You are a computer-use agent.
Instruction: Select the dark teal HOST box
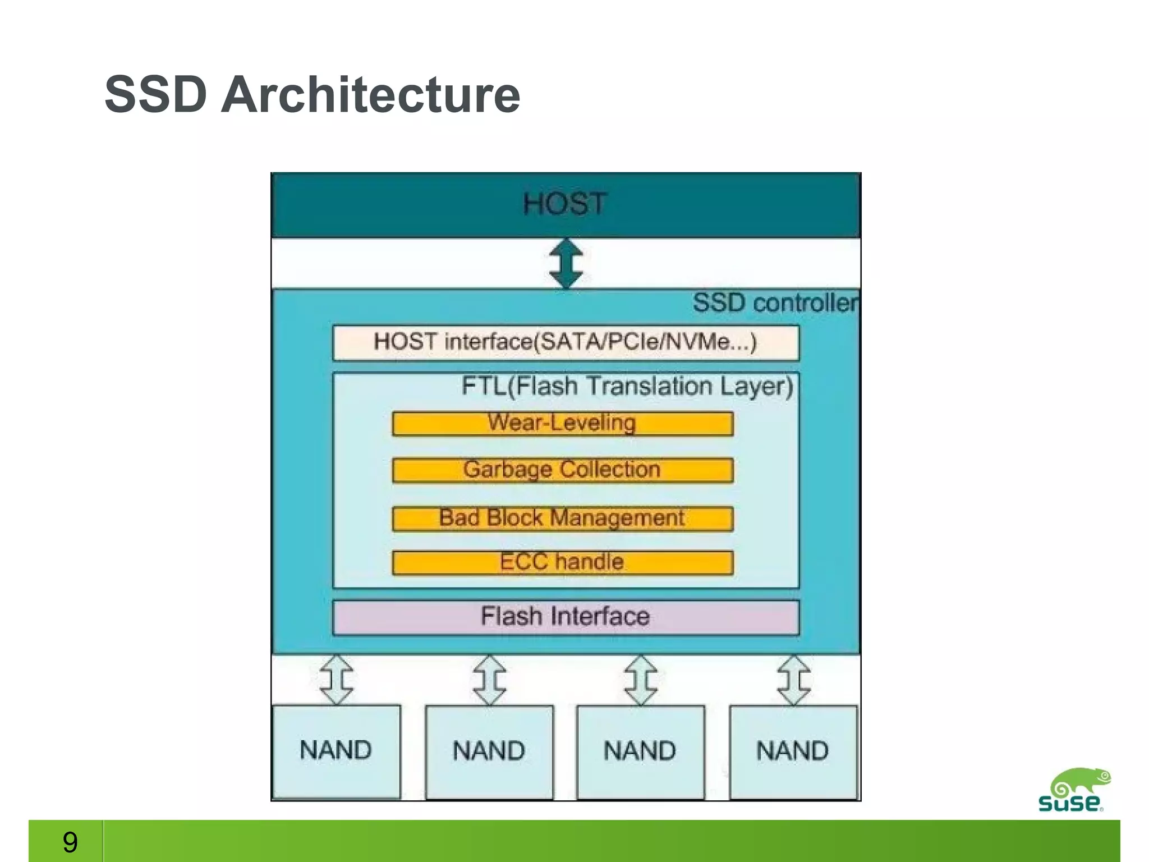(x=566, y=205)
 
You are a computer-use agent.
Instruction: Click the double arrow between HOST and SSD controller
(x=566, y=263)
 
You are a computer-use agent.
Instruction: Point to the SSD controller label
(x=775, y=303)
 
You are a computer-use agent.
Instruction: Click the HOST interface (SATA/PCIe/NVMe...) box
(x=566, y=342)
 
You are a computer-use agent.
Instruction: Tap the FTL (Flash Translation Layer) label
(x=627, y=387)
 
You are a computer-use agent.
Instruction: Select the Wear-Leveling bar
(x=562, y=424)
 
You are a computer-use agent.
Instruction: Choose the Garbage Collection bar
(x=562, y=470)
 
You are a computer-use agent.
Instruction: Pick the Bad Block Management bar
(x=562, y=519)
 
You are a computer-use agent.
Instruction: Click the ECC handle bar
(x=562, y=562)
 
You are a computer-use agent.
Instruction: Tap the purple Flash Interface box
(x=566, y=617)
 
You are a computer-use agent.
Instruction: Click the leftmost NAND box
(x=336, y=751)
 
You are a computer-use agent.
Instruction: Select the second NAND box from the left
(x=489, y=751)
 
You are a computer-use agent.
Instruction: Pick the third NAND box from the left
(x=640, y=751)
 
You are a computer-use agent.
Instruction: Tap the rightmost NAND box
(x=793, y=751)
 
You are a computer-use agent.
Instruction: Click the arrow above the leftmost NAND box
(x=337, y=680)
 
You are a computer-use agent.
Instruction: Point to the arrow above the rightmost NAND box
(x=793, y=680)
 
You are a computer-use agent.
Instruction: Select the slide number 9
(x=70, y=842)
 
